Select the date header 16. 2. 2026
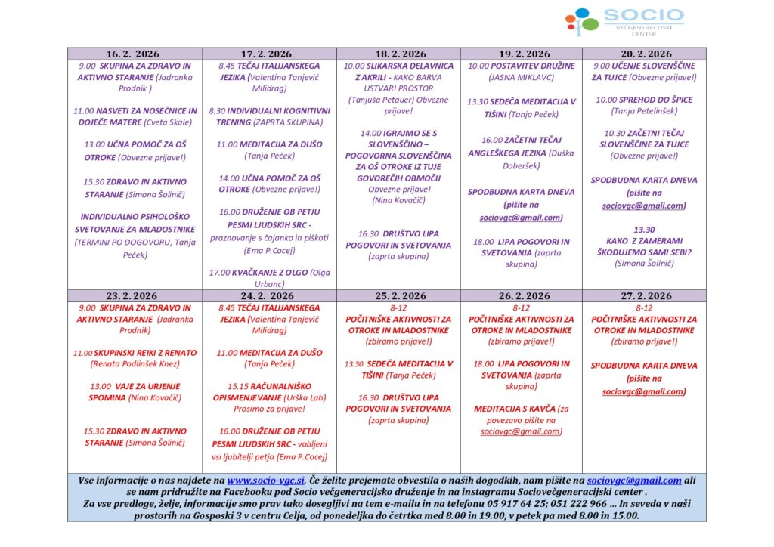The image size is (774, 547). point(133,54)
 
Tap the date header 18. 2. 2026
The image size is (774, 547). point(401,54)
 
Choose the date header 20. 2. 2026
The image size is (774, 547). point(645,54)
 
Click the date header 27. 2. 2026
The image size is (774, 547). point(645,296)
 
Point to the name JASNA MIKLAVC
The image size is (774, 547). point(521,77)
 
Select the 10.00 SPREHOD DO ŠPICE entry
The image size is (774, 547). point(644,100)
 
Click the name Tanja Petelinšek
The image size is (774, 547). point(644,111)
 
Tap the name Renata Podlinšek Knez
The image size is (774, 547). point(135,363)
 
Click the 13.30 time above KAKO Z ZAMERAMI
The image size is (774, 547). point(644,229)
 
